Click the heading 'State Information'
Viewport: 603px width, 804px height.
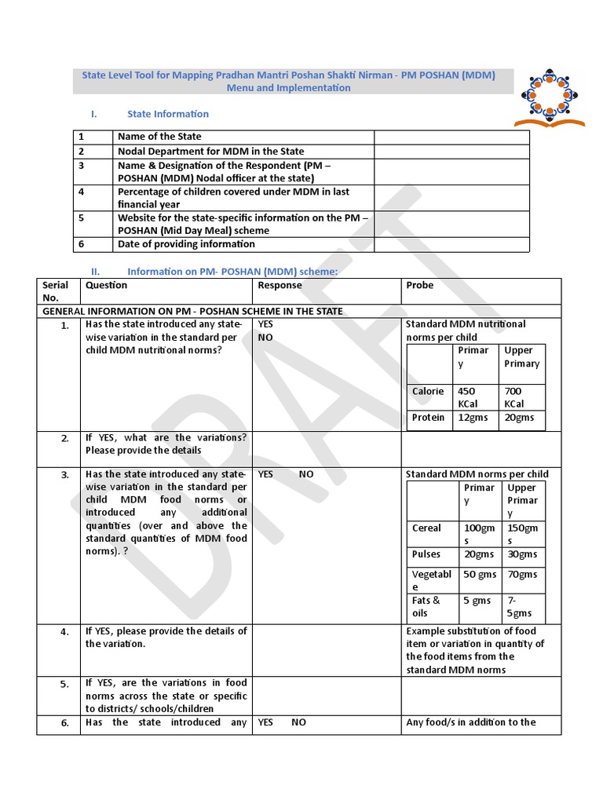(x=168, y=114)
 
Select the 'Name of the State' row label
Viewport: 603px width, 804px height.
(x=159, y=137)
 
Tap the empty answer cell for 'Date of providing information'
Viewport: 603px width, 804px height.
(x=451, y=244)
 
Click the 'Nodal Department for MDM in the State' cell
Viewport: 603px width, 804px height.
(x=210, y=152)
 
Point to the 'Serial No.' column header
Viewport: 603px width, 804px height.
(x=56, y=291)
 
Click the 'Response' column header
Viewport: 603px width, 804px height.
(x=280, y=285)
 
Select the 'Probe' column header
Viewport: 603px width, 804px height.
(x=419, y=285)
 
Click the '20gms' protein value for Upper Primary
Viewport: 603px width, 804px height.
(x=519, y=418)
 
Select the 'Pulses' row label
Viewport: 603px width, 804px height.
(x=426, y=554)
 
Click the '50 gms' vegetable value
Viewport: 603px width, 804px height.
(x=480, y=574)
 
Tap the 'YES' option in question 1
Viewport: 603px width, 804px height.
(x=266, y=324)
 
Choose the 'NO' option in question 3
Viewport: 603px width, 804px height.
(x=306, y=474)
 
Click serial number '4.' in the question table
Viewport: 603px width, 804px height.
(x=65, y=631)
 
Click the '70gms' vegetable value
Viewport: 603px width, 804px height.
(x=522, y=574)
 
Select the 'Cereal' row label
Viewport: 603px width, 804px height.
(x=426, y=528)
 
